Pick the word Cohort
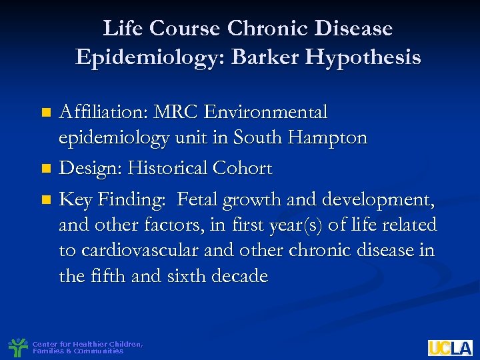(x=245, y=169)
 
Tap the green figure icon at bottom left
(x=17, y=347)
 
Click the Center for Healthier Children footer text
(x=87, y=347)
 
